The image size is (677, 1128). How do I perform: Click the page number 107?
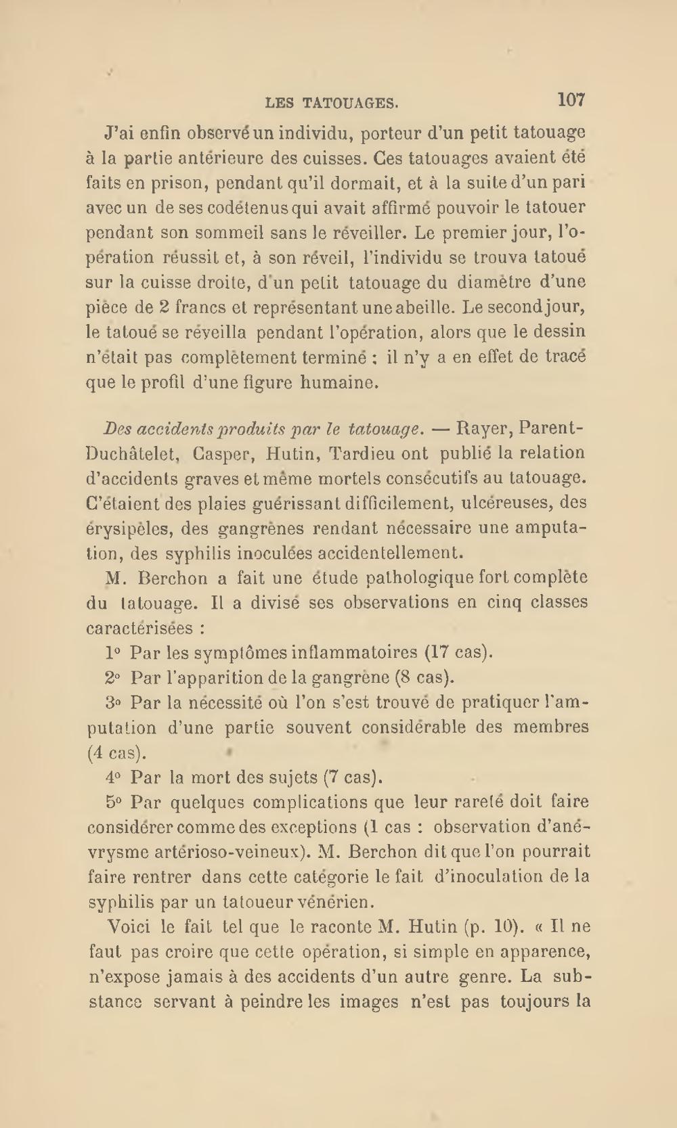[571, 100]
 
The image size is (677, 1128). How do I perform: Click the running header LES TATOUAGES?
[332, 103]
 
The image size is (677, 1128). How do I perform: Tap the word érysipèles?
[128, 528]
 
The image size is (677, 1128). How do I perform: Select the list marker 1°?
[113, 653]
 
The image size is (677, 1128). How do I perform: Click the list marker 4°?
[113, 777]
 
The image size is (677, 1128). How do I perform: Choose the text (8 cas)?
[424, 677]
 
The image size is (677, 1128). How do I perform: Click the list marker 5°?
[113, 803]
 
